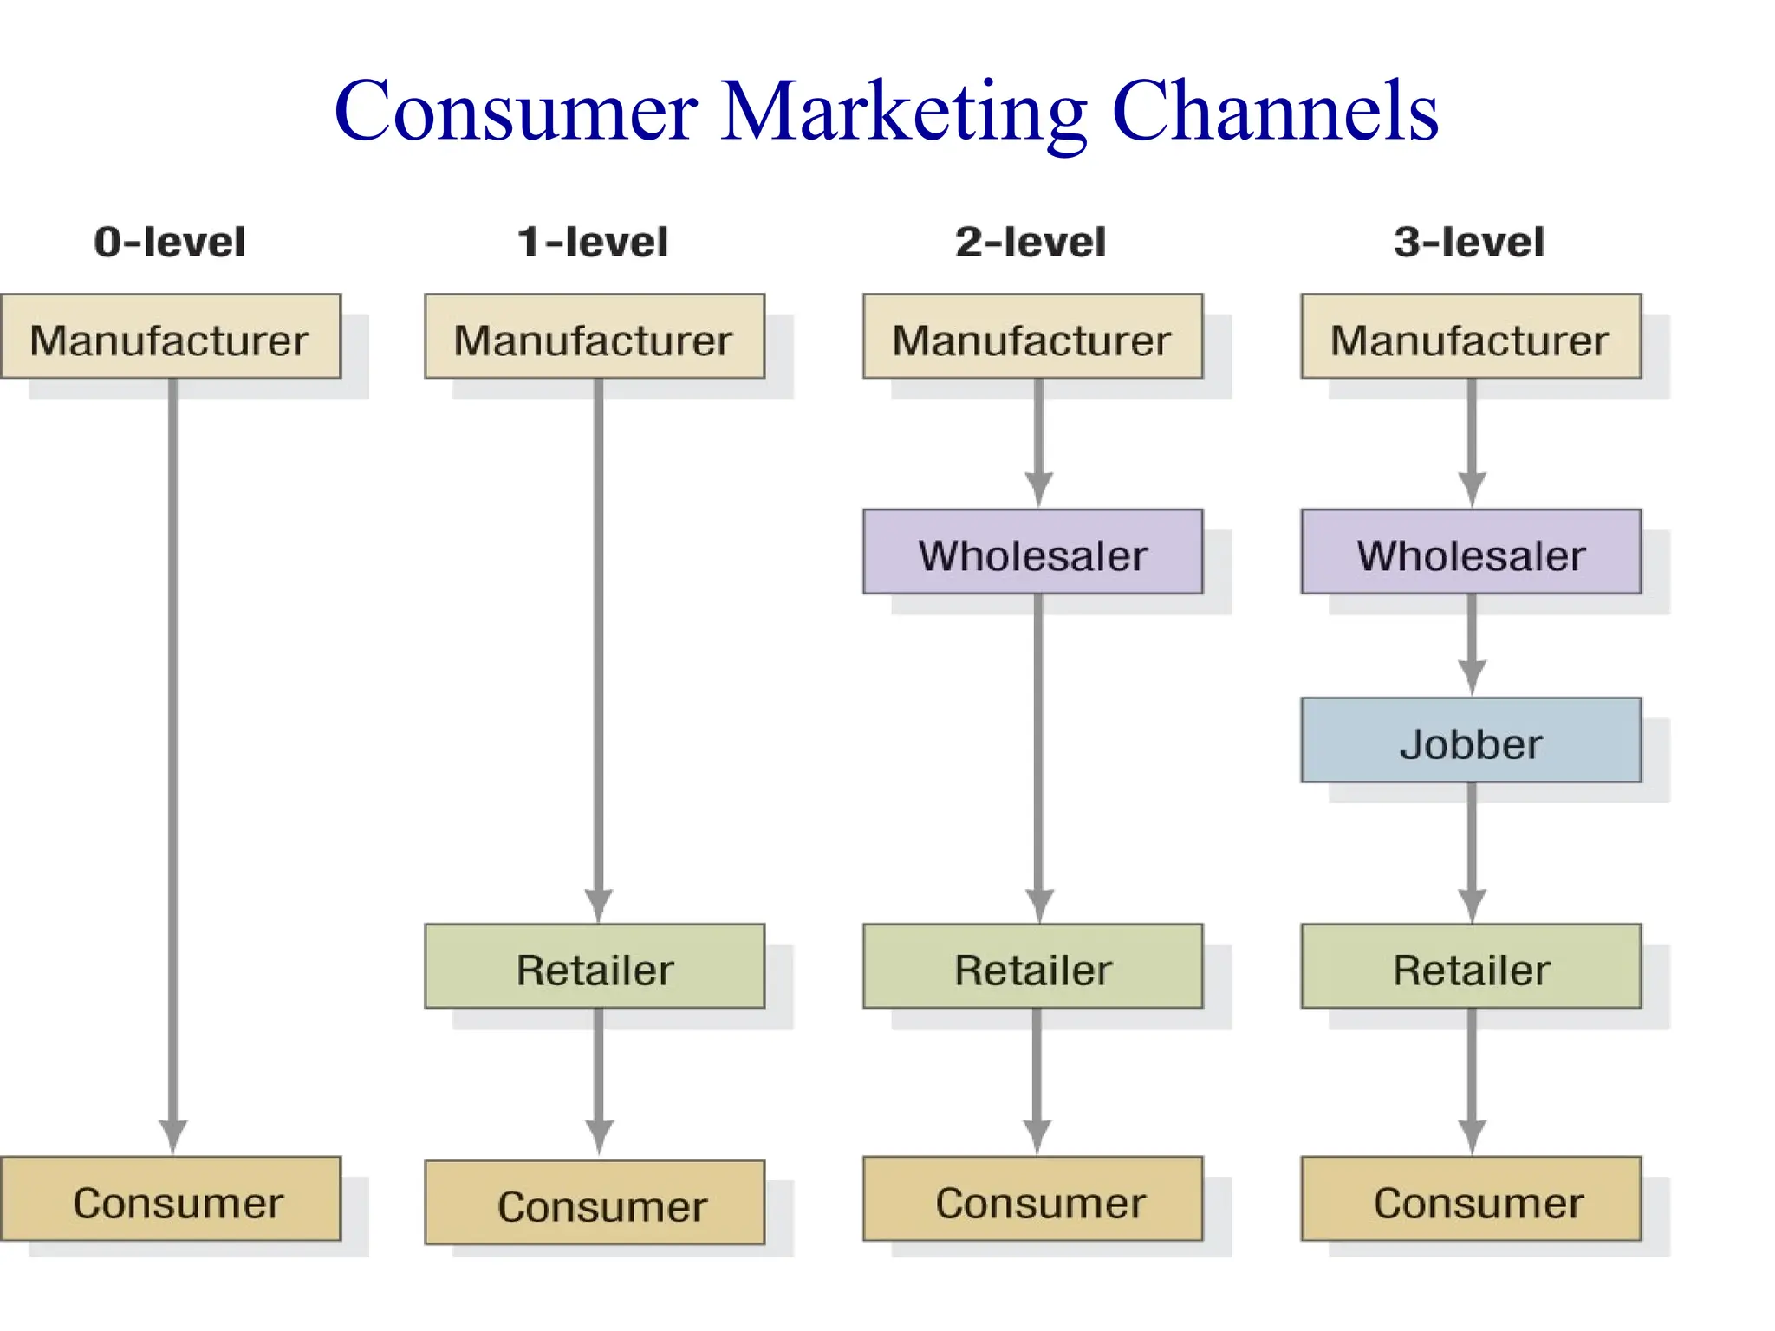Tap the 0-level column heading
point(170,242)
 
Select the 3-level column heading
point(1469,242)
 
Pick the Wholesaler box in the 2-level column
point(1032,553)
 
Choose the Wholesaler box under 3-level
point(1471,553)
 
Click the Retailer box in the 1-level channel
point(595,967)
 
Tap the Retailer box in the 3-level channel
point(1471,967)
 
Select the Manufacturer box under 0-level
point(170,337)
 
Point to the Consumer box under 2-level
point(1032,1200)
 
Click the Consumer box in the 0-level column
point(170,1200)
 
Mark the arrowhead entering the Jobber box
point(1472,675)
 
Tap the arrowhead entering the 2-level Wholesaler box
point(1038,487)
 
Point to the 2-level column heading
point(1031,242)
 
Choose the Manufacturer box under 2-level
point(1032,337)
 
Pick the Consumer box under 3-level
point(1471,1200)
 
